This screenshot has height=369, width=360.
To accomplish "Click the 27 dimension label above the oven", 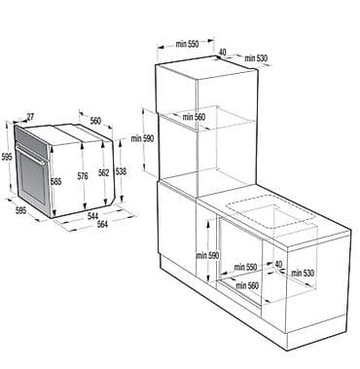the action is tap(30, 117).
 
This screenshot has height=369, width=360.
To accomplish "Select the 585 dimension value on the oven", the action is tap(55, 181).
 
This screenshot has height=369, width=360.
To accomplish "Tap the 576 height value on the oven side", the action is tap(83, 176).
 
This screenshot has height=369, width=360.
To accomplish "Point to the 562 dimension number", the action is tap(104, 173).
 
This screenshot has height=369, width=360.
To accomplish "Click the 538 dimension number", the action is tap(121, 171).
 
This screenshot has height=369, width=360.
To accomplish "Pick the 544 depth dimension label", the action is tap(92, 215).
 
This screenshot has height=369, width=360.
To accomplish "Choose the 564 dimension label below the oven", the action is tap(102, 224).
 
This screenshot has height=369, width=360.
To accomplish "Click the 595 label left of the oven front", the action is tap(7, 158).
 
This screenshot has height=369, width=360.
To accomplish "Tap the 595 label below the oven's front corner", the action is tap(20, 210).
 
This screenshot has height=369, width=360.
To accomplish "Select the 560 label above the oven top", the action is tap(95, 121).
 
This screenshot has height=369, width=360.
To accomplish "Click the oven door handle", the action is tap(31, 155).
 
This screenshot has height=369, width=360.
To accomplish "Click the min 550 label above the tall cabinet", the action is tap(187, 44).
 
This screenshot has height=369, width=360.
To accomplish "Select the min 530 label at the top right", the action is tap(256, 58).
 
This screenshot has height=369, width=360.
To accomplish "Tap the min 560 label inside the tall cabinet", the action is tap(194, 117).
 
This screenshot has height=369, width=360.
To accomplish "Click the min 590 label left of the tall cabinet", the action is tap(142, 138).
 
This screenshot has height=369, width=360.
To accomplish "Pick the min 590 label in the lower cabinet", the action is tap(207, 256).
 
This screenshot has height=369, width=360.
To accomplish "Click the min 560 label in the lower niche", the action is tap(247, 285).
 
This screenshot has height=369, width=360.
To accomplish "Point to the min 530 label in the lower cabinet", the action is tap(303, 274).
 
